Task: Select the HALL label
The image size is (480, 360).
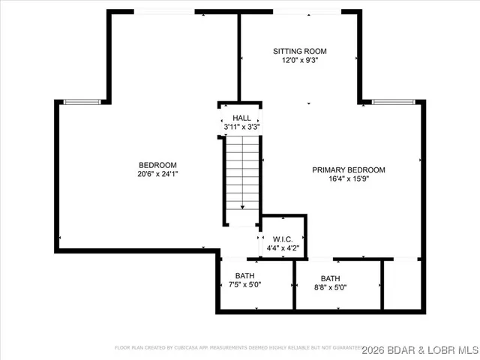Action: [241, 118]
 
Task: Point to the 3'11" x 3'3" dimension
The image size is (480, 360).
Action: [241, 127]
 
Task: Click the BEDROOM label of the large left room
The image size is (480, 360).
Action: [157, 165]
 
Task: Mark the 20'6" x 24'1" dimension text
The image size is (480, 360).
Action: [157, 174]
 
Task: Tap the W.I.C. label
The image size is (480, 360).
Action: [282, 239]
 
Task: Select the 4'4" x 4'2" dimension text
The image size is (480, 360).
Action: [282, 248]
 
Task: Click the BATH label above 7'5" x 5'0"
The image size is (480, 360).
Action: [244, 275]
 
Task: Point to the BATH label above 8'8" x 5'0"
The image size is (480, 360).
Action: [330, 277]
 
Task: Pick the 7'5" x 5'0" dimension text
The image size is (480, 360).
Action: [244, 285]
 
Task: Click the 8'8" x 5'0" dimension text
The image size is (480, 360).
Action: [330, 287]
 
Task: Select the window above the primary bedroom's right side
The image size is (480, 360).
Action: [393, 102]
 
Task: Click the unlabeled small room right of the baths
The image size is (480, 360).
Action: [402, 285]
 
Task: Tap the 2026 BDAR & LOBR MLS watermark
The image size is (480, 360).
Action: [420, 349]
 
